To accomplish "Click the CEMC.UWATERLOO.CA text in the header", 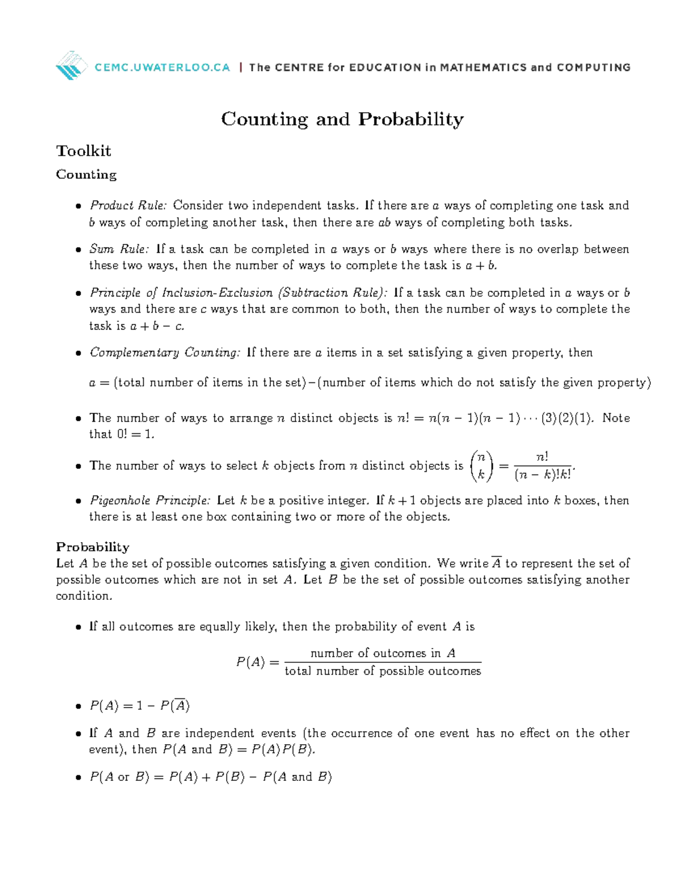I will point(163,68).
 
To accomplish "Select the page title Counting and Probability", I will point(342,119).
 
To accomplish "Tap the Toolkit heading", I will point(84,151).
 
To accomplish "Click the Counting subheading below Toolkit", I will point(86,175).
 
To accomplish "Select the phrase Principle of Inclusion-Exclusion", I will point(181,293).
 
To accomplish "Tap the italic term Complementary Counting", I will point(165,353).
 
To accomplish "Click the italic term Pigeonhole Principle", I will point(150,500).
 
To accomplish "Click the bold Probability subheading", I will point(93,547).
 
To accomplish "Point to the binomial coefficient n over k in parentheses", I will point(481,465).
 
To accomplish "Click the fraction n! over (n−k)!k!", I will point(542,466).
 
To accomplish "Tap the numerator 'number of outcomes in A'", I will point(382,653).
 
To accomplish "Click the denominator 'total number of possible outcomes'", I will point(382,671).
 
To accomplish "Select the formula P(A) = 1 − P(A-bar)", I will point(140,706).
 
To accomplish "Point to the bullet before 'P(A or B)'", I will point(78,778).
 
